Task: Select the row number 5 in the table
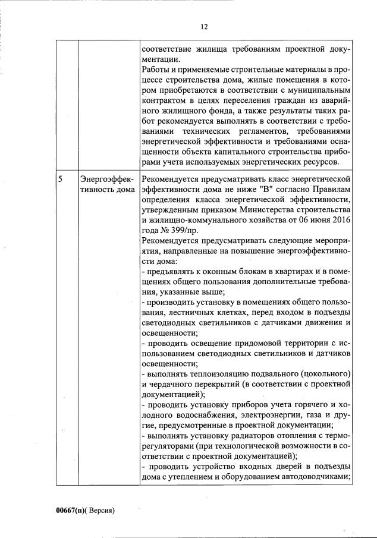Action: coord(61,178)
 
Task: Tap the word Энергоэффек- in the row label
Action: coord(107,178)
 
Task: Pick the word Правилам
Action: coord(331,188)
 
